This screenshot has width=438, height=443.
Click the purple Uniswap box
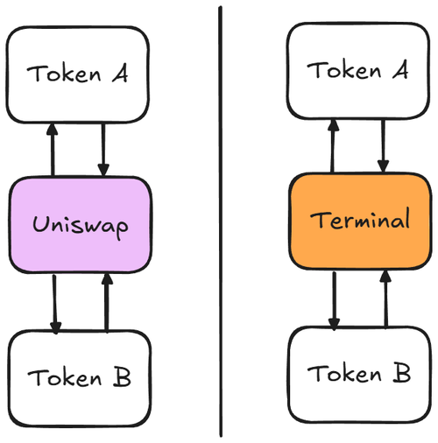(x=81, y=225)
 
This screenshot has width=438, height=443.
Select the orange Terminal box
(x=360, y=221)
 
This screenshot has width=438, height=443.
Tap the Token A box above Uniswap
(x=78, y=74)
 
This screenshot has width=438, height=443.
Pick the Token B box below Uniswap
(x=80, y=378)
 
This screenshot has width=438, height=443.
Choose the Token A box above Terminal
(x=358, y=71)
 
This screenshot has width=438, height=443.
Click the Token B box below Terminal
(x=360, y=375)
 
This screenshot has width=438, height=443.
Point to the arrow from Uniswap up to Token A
(x=53, y=150)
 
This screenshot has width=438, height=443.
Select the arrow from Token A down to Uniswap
(x=103, y=150)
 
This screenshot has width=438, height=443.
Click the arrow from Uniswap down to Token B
(x=54, y=304)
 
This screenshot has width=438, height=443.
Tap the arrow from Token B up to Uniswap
(x=107, y=302)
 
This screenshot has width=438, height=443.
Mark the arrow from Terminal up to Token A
(x=333, y=145)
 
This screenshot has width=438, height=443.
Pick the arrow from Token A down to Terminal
(x=383, y=146)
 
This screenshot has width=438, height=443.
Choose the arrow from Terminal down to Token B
(x=335, y=300)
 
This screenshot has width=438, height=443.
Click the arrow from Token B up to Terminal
(x=385, y=299)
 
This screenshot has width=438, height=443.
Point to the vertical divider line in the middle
(x=221, y=221)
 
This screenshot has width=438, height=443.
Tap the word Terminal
(x=360, y=219)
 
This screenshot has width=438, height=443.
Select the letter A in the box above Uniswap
(x=120, y=74)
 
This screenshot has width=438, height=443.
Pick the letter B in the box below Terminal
(x=402, y=372)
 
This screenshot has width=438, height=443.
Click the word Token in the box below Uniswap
(x=65, y=377)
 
